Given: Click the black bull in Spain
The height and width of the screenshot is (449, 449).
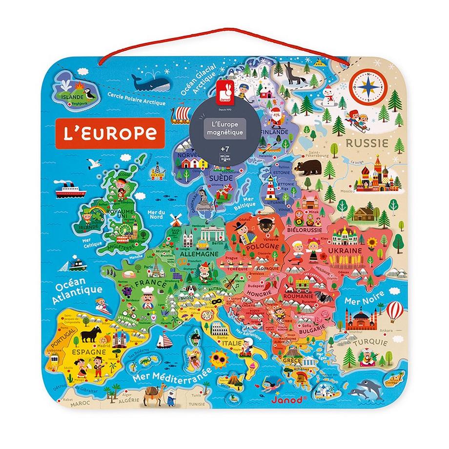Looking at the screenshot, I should (92, 335).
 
